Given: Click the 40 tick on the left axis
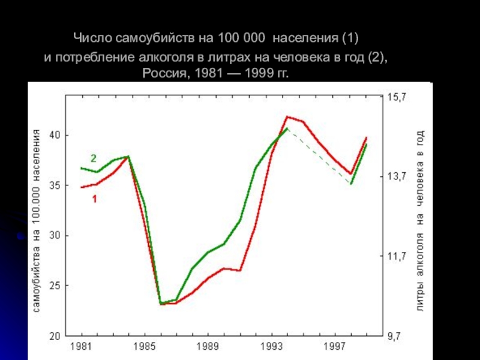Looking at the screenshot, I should (54, 136).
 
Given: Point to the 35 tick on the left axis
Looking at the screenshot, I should (54, 186).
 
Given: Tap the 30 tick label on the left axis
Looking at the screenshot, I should (54, 236).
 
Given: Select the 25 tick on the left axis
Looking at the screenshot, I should (54, 286).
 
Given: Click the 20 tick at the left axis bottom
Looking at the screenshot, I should (54, 335).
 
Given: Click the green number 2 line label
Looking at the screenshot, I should (94, 159).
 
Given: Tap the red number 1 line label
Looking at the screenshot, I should (95, 198).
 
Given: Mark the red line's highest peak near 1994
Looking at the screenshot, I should (288, 116).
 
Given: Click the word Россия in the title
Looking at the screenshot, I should (163, 74).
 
